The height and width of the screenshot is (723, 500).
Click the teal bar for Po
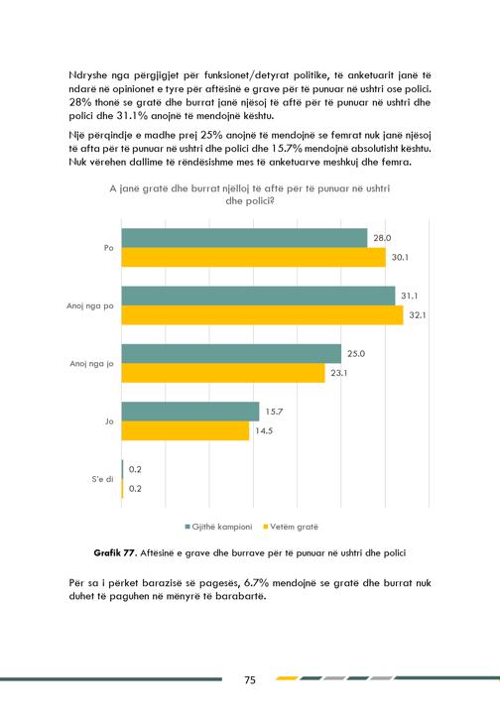point(244,238)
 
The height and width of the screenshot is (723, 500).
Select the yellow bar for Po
point(254,257)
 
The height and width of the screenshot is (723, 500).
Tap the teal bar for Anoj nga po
point(258,296)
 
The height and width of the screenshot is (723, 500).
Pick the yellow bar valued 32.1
point(263,315)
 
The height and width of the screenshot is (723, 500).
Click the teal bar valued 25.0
point(231,354)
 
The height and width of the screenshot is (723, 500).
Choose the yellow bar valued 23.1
point(223,373)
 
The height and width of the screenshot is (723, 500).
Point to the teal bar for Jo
point(190,412)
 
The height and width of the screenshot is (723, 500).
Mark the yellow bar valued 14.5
point(186,430)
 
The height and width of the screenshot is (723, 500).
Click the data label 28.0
point(382,238)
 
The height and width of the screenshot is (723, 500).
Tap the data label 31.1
point(409,296)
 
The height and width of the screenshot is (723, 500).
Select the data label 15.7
point(274,412)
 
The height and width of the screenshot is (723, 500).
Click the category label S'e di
point(102,479)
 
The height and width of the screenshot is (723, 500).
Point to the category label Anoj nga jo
point(91,364)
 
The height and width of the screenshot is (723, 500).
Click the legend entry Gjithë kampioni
point(218,527)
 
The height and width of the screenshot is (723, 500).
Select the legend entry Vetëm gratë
point(291,527)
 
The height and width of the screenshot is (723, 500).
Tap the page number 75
point(250,680)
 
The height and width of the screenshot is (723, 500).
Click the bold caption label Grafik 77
point(114,552)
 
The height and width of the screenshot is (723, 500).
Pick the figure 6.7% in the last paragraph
point(256,583)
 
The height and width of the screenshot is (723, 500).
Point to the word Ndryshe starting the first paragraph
point(87,75)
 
